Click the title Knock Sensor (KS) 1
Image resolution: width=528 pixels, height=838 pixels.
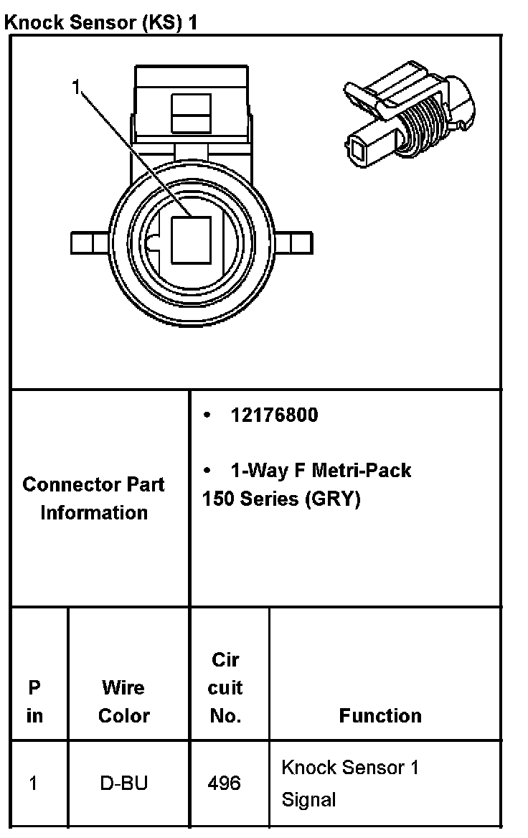101,22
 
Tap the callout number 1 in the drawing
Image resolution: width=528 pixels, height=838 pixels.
76,88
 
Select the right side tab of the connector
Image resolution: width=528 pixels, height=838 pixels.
293,243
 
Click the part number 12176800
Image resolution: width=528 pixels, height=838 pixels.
273,415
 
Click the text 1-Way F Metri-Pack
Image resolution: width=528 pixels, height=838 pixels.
321,471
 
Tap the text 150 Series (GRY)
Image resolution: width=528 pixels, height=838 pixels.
281,498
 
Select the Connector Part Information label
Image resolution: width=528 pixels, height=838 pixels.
94,498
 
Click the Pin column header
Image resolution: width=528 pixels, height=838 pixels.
34,701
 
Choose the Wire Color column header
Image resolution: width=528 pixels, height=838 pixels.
123,701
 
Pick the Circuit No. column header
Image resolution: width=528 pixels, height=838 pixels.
225,687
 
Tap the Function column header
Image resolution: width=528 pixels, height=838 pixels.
380,715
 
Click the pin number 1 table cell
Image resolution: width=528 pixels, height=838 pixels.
34,783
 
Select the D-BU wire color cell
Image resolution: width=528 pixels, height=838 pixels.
124,783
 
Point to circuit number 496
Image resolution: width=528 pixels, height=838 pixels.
225,783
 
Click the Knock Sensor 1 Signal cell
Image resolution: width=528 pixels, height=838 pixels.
349,783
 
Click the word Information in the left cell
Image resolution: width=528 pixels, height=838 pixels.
94,512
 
